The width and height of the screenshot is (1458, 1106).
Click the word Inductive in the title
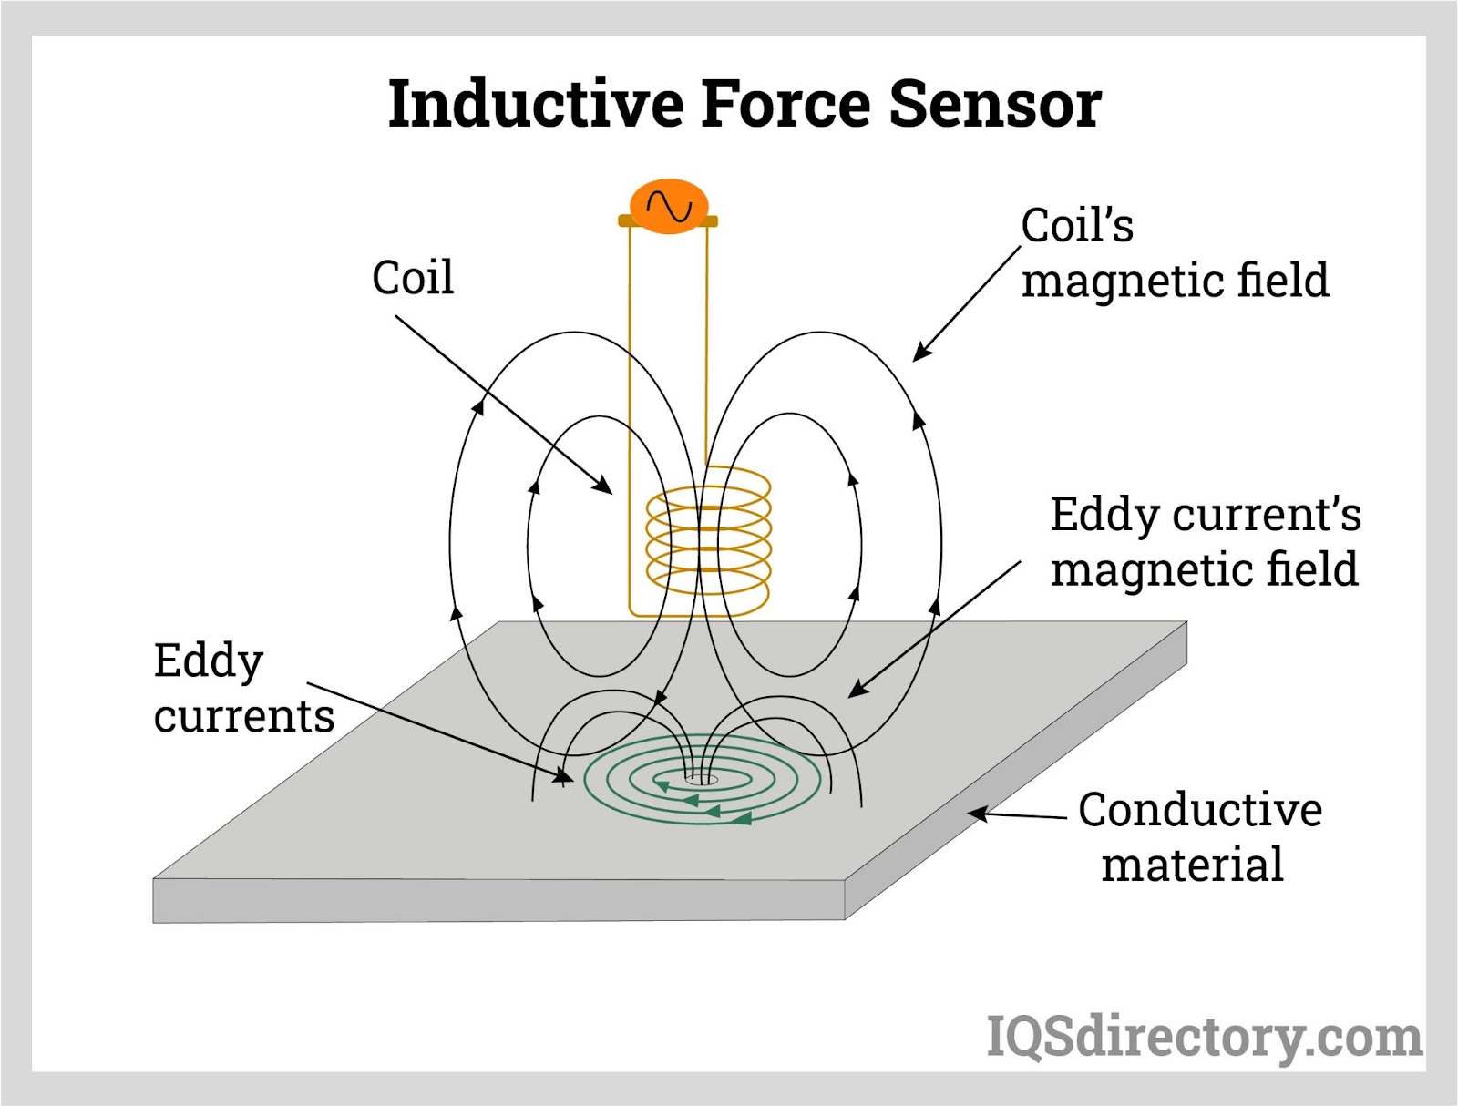536,104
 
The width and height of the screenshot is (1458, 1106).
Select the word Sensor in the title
995,104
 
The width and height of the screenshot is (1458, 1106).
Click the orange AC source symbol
669,206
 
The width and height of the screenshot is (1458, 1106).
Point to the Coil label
412,277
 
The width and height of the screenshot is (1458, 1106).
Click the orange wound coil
709,541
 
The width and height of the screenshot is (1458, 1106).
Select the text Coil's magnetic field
1174,252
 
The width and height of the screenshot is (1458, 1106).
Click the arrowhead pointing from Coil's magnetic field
921,353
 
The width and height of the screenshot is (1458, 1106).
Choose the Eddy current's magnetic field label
1205,541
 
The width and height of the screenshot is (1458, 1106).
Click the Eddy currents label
243,688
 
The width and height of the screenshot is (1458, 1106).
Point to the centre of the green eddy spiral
701,779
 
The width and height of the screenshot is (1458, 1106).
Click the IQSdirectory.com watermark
1204,1038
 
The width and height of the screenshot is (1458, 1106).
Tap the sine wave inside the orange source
670,207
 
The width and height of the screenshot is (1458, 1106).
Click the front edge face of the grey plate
498,901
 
